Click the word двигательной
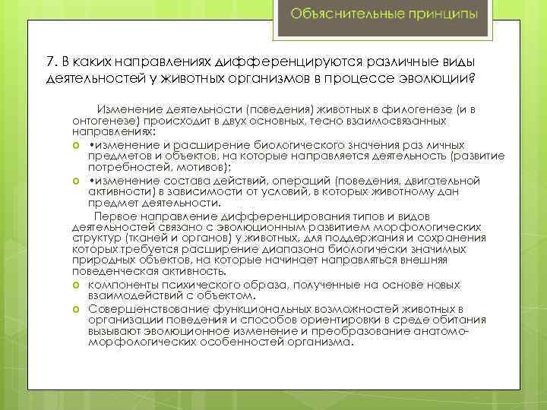(445, 181)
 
